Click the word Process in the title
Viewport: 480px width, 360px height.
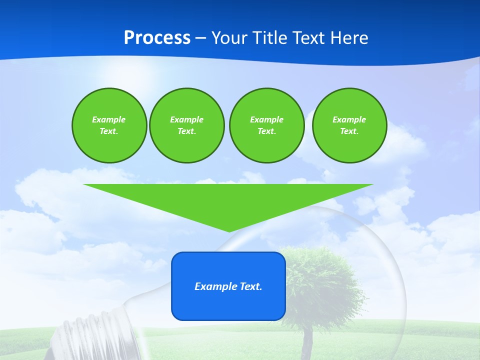pyautogui.click(x=157, y=38)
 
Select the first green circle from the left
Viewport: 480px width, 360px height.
pyautogui.click(x=109, y=125)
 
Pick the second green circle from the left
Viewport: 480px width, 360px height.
pyautogui.click(x=186, y=125)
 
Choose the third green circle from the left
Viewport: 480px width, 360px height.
pyautogui.click(x=266, y=125)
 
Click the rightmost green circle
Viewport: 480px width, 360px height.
pyautogui.click(x=349, y=125)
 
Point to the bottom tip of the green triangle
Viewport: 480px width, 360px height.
pyautogui.click(x=229, y=230)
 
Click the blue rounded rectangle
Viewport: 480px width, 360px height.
pyautogui.click(x=228, y=305)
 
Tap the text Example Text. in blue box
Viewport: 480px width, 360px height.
pyautogui.click(x=228, y=286)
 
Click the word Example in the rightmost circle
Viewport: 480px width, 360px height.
pyautogui.click(x=349, y=119)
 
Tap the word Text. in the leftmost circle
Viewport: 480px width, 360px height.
pyautogui.click(x=109, y=131)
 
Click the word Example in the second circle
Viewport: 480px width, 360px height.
pyautogui.click(x=186, y=119)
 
